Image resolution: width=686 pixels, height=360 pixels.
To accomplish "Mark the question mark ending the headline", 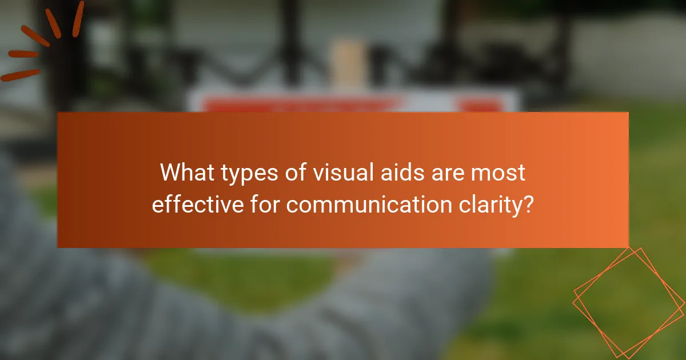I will [x=529, y=204].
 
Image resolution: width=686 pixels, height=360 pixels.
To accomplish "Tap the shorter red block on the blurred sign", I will [x=480, y=105].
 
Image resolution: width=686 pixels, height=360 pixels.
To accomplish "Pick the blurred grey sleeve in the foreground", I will [x=86, y=297].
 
